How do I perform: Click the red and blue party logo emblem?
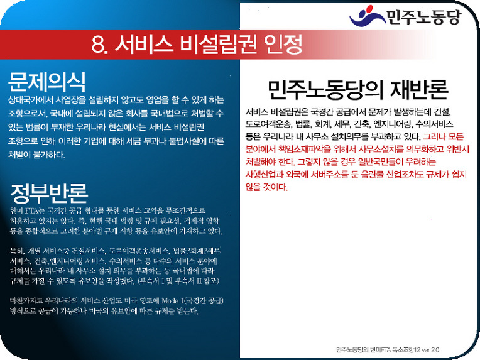click(x=367, y=16)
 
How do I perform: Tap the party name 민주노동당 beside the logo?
click(x=423, y=17)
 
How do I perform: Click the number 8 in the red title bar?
click(x=98, y=45)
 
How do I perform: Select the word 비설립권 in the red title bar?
click(x=218, y=44)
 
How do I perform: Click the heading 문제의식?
click(x=47, y=82)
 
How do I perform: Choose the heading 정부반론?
click(x=49, y=194)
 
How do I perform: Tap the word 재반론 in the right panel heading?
click(x=419, y=89)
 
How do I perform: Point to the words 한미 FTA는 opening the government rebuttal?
click(x=27, y=210)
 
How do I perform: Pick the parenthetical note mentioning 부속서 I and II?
click(x=178, y=280)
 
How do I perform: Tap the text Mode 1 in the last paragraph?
click(x=173, y=300)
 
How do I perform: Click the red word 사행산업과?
click(x=264, y=174)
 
